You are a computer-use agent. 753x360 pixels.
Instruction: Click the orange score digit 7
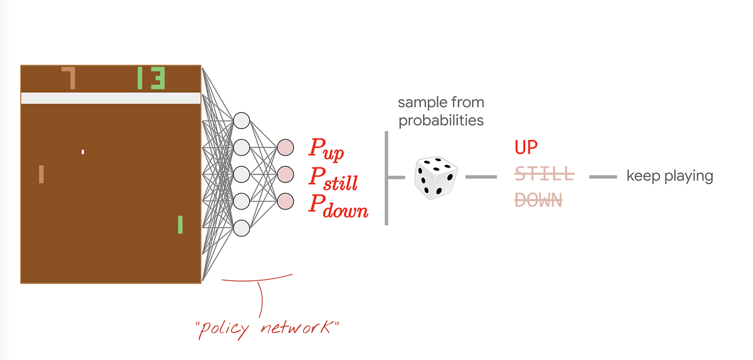pos(70,78)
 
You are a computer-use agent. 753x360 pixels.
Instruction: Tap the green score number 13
pos(151,78)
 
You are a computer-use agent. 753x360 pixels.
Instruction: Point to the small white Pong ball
pos(82,151)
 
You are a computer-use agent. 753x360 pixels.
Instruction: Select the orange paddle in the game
pos(41,174)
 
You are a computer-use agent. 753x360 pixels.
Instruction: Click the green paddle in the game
pos(180,225)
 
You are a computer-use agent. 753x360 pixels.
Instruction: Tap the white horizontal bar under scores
pos(110,98)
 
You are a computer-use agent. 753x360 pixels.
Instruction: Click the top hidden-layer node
pos(241,120)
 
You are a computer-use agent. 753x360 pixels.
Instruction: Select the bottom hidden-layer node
pos(241,228)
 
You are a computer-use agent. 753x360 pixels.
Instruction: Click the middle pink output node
pos(285,174)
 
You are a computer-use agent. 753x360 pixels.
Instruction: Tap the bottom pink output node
pos(285,201)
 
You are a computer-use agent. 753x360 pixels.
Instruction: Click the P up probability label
pos(326,149)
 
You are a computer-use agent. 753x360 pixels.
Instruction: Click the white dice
pos(435,178)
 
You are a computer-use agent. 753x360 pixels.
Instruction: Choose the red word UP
pos(526,147)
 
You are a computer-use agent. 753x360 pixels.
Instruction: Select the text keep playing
pos(670,176)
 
